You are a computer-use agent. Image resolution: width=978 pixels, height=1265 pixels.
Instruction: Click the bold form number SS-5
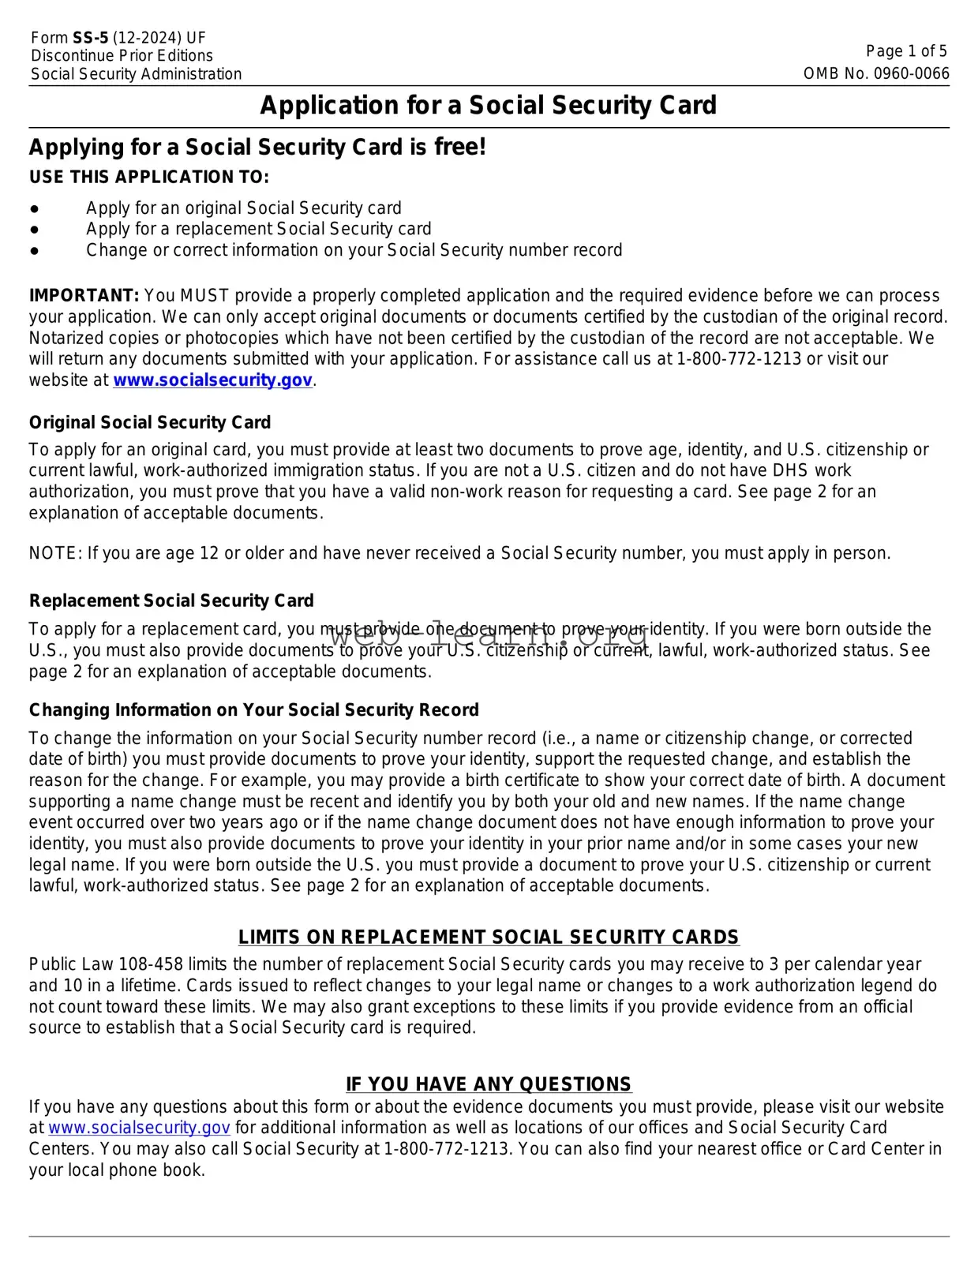pyautogui.click(x=90, y=38)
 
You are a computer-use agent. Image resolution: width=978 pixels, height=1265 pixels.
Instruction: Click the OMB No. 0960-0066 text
pyautogui.click(x=876, y=73)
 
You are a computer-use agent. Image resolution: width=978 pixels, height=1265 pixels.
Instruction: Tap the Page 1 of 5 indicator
pyautogui.click(x=906, y=51)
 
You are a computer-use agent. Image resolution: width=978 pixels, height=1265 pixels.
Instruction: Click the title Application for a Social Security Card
pyautogui.click(x=488, y=105)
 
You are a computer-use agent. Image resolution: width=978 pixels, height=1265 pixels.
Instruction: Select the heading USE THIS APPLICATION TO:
pyautogui.click(x=149, y=177)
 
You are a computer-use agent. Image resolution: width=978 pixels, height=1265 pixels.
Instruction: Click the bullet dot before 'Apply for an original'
pyautogui.click(x=35, y=208)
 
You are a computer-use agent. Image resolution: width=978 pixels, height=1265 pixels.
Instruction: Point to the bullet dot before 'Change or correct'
pyautogui.click(x=35, y=250)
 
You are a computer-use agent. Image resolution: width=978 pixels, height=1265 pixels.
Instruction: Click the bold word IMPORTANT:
pyautogui.click(x=84, y=296)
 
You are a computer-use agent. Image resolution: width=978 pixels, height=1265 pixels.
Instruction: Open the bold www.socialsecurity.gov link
pyautogui.click(x=212, y=380)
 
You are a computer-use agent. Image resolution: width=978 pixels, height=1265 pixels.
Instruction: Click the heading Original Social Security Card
pyautogui.click(x=150, y=422)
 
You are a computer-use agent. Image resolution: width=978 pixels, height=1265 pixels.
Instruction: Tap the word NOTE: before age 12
pyautogui.click(x=55, y=553)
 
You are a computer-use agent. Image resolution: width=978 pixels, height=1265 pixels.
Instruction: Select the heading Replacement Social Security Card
pyautogui.click(x=171, y=601)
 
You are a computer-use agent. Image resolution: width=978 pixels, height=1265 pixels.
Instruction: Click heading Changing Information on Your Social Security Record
pyautogui.click(x=253, y=709)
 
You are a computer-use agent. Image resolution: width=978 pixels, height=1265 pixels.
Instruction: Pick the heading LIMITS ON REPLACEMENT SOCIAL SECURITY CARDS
pyautogui.click(x=489, y=937)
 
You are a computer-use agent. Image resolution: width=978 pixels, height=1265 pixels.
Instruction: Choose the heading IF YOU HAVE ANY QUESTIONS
pyautogui.click(x=489, y=1083)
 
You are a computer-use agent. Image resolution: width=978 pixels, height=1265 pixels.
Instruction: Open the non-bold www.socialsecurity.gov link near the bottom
pyautogui.click(x=139, y=1128)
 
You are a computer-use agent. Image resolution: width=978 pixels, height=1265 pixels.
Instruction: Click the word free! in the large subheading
pyautogui.click(x=459, y=147)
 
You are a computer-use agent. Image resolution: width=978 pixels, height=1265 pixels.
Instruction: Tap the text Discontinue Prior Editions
pyautogui.click(x=122, y=56)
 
